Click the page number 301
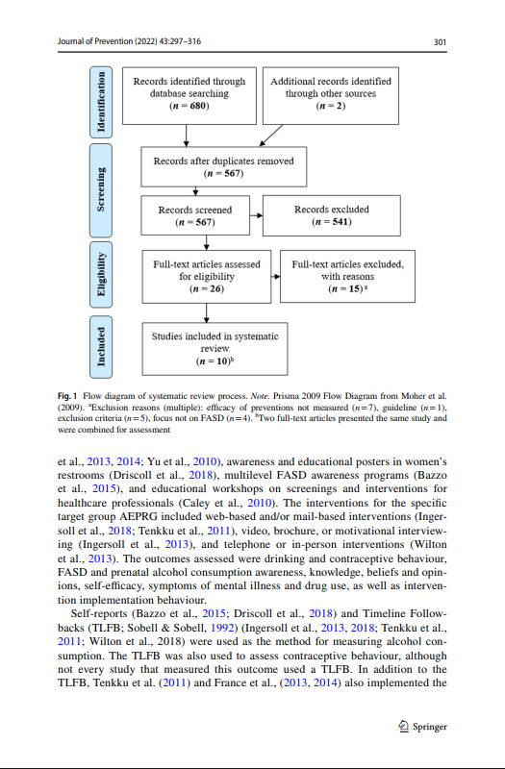coord(440,42)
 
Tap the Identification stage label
coord(101,102)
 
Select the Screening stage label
coord(101,190)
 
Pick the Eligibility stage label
coord(101,274)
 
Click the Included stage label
coord(101,347)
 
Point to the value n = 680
coord(189,106)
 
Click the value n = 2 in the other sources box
coord(330,106)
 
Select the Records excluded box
coord(332,215)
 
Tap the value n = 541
coord(331,222)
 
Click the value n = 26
coord(207,289)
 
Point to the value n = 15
coord(346,289)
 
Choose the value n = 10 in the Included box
coord(214,361)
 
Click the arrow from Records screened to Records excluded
coord(256,215)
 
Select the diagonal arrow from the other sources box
coord(271,136)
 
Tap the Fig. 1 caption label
coord(67,396)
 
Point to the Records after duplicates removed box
coord(224,166)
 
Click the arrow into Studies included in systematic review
coord(206,313)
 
